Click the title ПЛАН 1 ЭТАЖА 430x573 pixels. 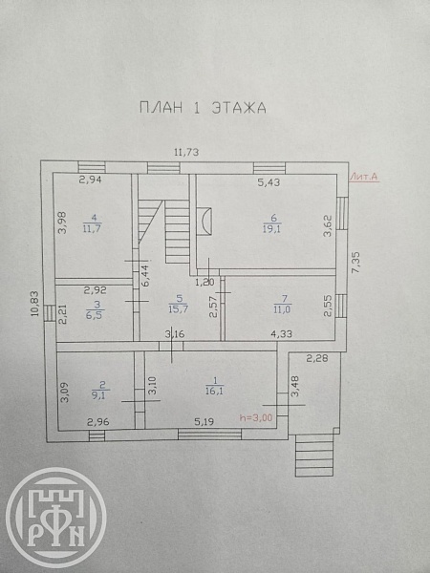203,108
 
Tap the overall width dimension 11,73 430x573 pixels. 186,152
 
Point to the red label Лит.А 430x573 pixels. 363,177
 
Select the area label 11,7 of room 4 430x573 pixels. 92,229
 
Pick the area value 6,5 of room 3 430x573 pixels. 95,315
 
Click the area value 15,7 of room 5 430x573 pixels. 178,309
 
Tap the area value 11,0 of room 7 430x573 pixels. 283,309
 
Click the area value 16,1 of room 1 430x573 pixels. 215,391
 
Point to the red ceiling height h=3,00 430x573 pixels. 256,417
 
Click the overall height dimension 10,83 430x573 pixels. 34,304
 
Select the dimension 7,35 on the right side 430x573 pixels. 356,262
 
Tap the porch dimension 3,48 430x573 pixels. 295,386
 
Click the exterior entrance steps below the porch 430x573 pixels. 314,455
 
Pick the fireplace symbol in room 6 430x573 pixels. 204,221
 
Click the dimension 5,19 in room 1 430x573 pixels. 204,422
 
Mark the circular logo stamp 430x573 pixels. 56,518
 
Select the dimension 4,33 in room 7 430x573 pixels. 281,333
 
